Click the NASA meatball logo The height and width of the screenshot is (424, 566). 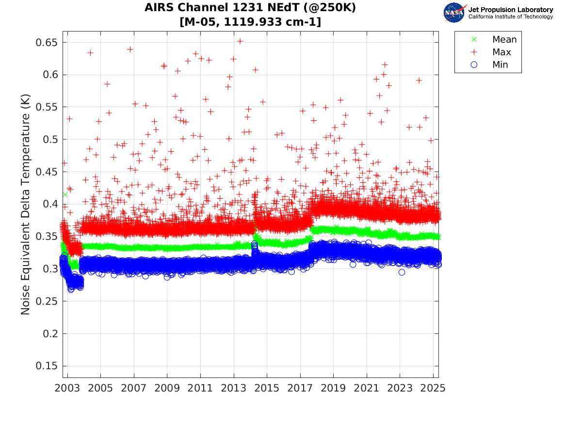454,13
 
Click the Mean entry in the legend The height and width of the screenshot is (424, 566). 495,39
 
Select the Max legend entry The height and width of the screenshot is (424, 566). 491,52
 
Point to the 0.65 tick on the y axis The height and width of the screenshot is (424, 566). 47,43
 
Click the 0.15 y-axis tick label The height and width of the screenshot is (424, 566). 47,365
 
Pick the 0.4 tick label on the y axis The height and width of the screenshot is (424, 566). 50,204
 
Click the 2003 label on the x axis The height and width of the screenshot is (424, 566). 67,388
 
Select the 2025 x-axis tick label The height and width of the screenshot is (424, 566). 433,388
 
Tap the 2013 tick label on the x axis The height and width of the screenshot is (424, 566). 234,388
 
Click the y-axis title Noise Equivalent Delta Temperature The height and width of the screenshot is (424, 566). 25,204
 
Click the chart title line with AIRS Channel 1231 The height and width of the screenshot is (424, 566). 250,8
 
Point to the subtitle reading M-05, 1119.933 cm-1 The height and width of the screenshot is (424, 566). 250,22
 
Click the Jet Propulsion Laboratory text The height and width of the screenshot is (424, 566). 510,10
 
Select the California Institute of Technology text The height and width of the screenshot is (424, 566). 510,16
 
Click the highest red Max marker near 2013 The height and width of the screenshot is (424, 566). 240,41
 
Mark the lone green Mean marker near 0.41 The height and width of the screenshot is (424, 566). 65,195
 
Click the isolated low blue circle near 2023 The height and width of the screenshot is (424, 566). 402,272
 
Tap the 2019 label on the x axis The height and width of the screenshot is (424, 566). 333,388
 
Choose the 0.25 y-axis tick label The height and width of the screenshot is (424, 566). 47,301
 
